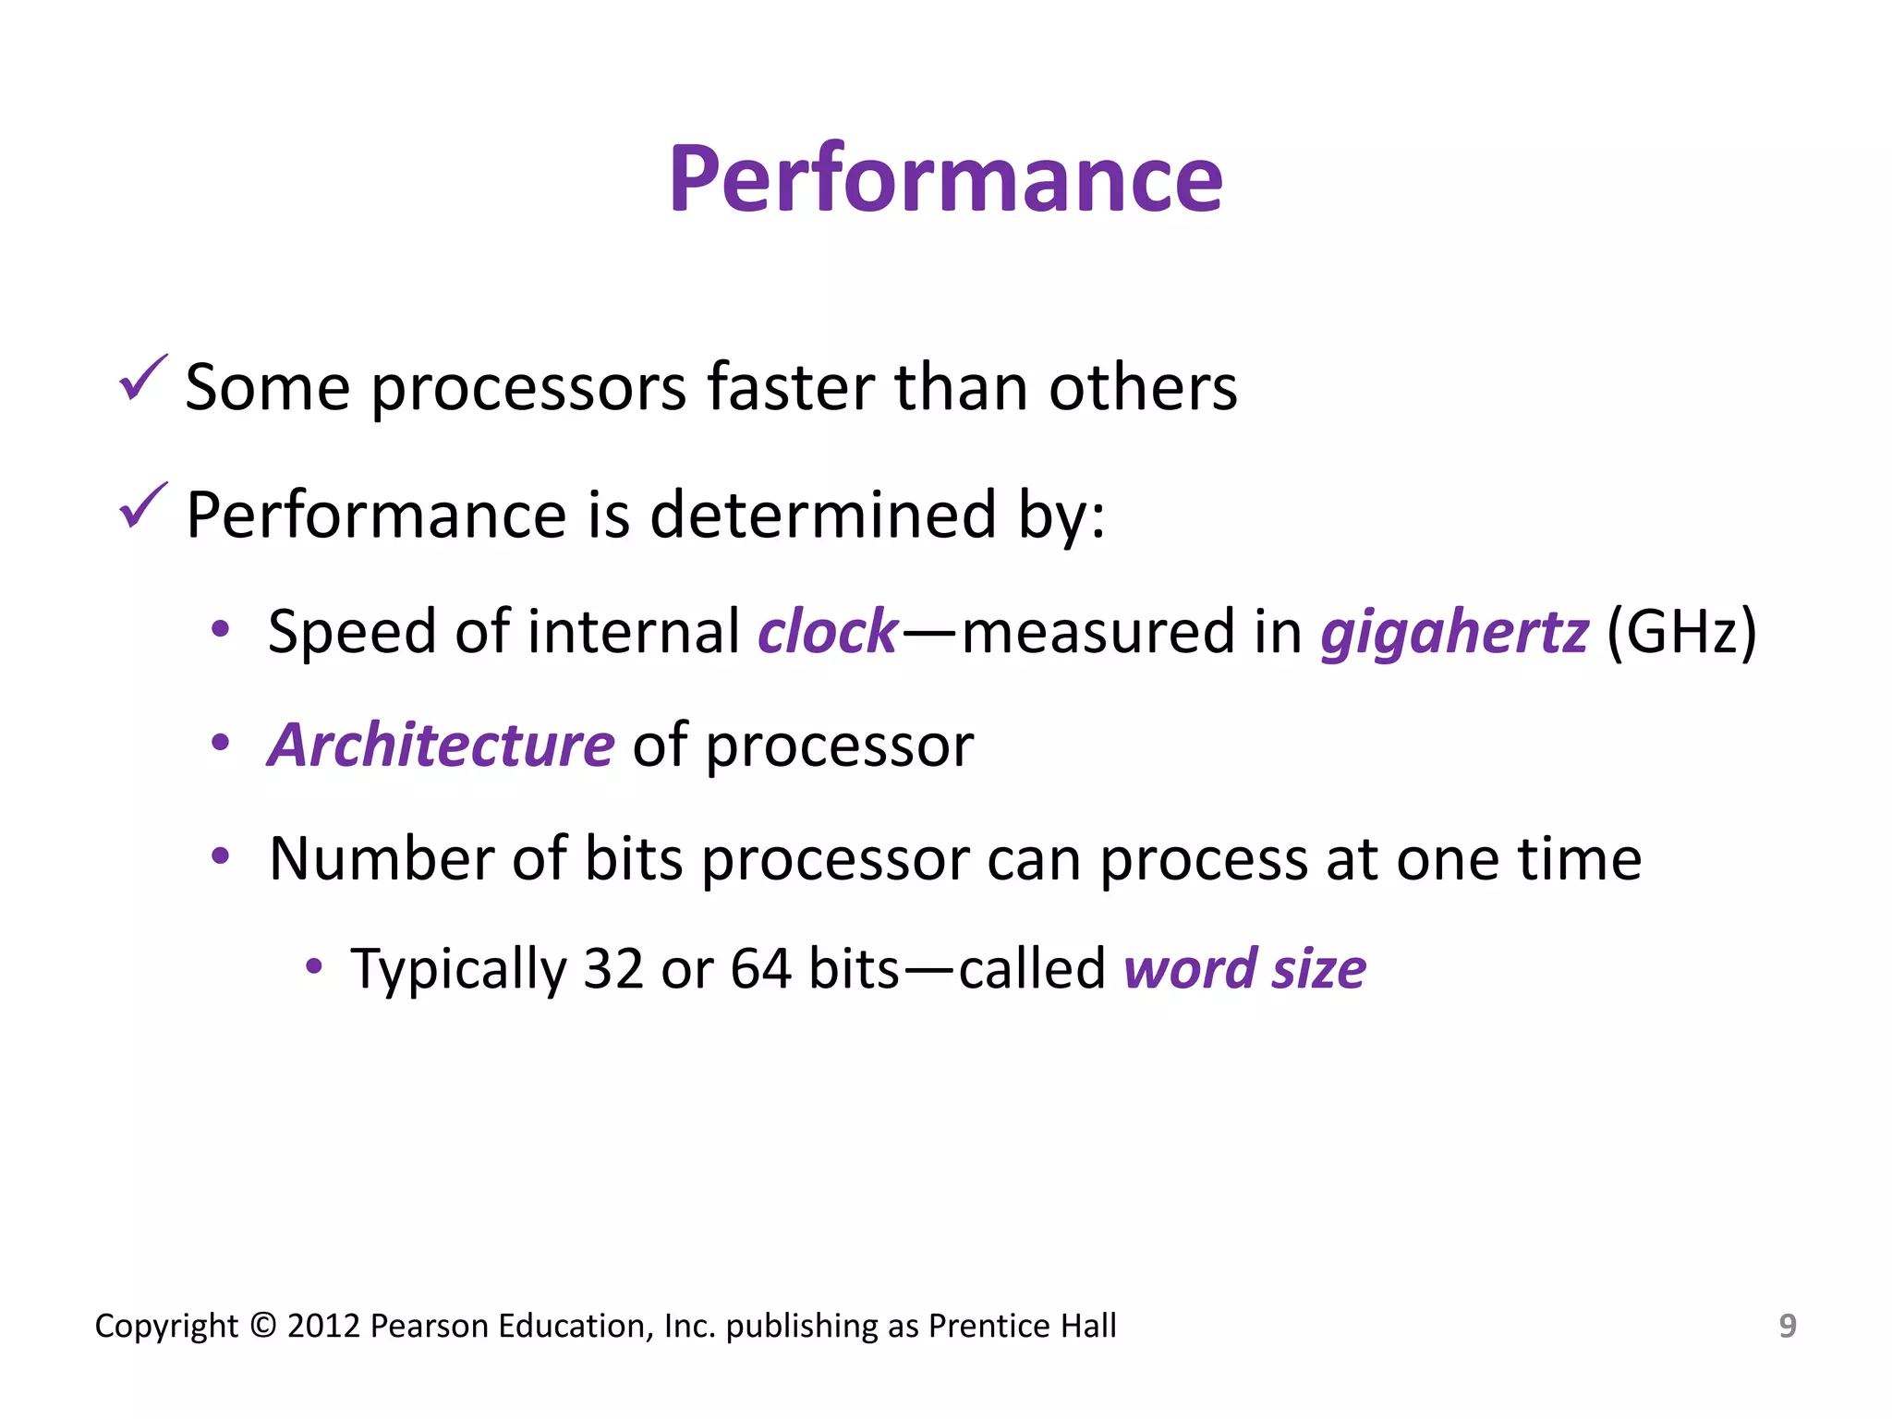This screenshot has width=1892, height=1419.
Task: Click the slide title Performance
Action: point(945,180)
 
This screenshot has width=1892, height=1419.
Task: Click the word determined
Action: point(822,515)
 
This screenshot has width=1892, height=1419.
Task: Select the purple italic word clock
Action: point(827,633)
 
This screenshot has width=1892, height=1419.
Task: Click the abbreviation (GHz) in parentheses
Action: point(1681,634)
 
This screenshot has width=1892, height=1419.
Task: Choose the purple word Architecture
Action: point(441,746)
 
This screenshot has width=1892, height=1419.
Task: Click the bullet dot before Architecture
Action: point(220,743)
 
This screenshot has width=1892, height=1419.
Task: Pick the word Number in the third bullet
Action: point(382,859)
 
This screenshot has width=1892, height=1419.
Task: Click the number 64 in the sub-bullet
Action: point(760,970)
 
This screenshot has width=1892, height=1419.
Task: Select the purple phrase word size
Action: point(1244,970)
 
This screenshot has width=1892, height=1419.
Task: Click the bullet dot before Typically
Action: point(314,967)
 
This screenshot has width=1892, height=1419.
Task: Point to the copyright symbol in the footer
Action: point(262,1326)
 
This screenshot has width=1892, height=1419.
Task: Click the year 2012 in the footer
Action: point(323,1326)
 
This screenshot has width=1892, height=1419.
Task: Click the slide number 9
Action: point(1788,1326)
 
